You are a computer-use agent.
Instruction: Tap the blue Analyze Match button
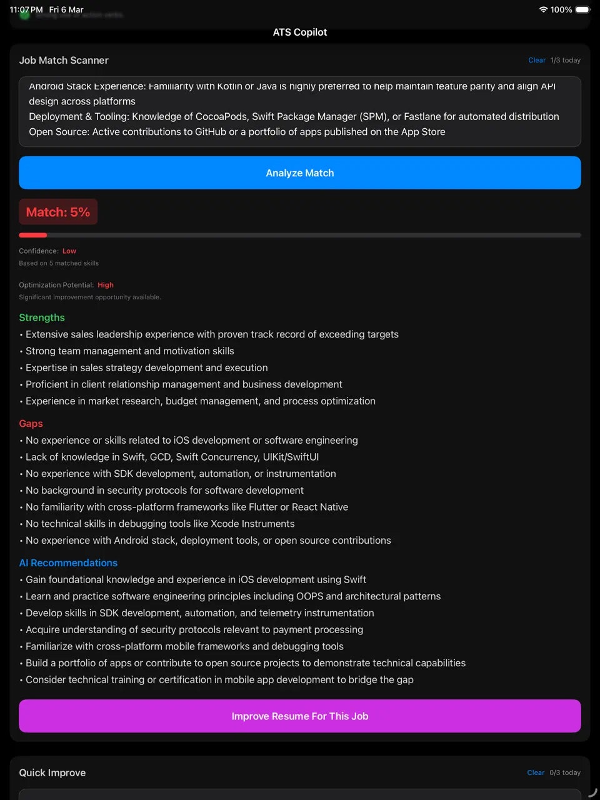[300, 173]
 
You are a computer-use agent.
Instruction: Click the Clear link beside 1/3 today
[536, 61]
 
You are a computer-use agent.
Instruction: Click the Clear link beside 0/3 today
[536, 773]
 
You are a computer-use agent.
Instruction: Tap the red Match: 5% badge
[58, 212]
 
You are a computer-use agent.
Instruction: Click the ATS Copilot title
[300, 32]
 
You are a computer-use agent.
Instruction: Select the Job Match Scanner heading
[64, 61]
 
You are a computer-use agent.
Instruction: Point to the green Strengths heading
[42, 317]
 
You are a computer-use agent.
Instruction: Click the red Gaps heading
[31, 424]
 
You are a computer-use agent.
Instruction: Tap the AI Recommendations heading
[68, 563]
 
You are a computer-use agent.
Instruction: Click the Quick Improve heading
[52, 773]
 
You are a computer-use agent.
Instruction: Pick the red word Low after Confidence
[69, 251]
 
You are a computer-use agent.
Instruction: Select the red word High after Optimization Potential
[106, 285]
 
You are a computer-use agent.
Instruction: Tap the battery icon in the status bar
[582, 10]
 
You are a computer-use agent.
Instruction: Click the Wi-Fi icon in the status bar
[543, 10]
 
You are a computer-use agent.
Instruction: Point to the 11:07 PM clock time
[26, 10]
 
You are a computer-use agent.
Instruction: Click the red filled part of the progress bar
[32, 235]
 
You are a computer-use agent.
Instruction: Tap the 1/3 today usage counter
[566, 61]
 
